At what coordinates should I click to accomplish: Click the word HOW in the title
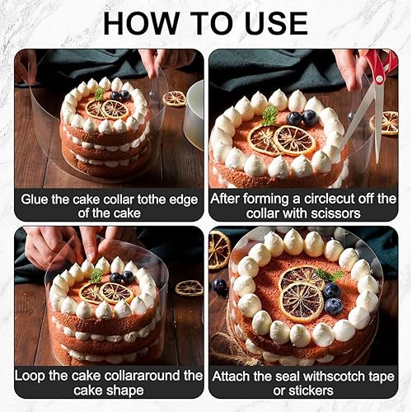[x=142, y=23]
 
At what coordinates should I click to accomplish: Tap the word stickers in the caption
[x=303, y=391]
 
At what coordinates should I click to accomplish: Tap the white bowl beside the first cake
[x=194, y=115]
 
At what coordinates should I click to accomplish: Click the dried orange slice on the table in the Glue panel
[x=175, y=99]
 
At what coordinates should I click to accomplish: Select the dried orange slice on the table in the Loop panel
[x=189, y=288]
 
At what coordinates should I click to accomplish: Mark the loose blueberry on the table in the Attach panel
[x=220, y=287]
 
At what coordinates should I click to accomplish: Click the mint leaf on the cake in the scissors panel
[x=270, y=115]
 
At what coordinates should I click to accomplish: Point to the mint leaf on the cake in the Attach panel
[x=329, y=275]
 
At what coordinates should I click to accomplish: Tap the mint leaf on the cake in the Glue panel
[x=100, y=94]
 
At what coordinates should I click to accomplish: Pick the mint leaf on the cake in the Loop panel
[x=96, y=275]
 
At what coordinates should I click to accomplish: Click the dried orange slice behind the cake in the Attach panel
[x=218, y=250]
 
